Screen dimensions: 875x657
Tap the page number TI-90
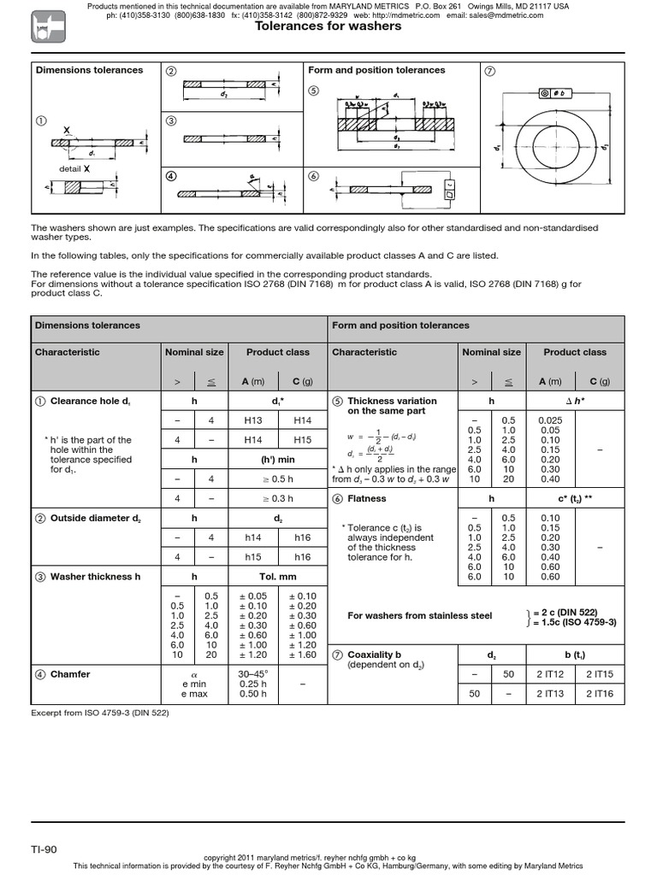tap(44, 849)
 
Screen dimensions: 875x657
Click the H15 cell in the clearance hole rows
tap(303, 439)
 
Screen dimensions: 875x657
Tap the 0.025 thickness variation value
tap(550, 420)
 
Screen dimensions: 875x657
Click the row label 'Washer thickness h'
tap(95, 577)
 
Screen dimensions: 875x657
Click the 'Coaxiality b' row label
tap(376, 655)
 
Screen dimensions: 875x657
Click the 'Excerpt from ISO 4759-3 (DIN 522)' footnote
tap(100, 713)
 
